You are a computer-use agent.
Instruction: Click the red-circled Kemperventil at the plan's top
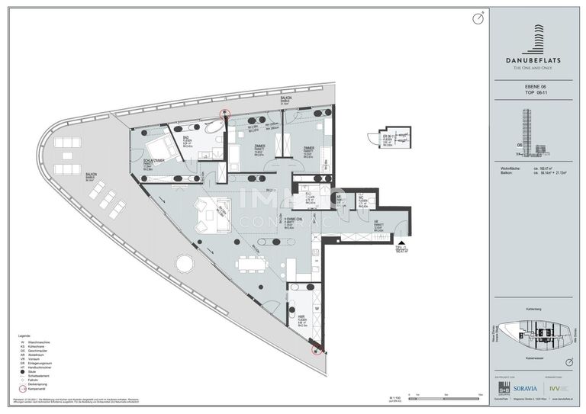[x=224, y=115]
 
